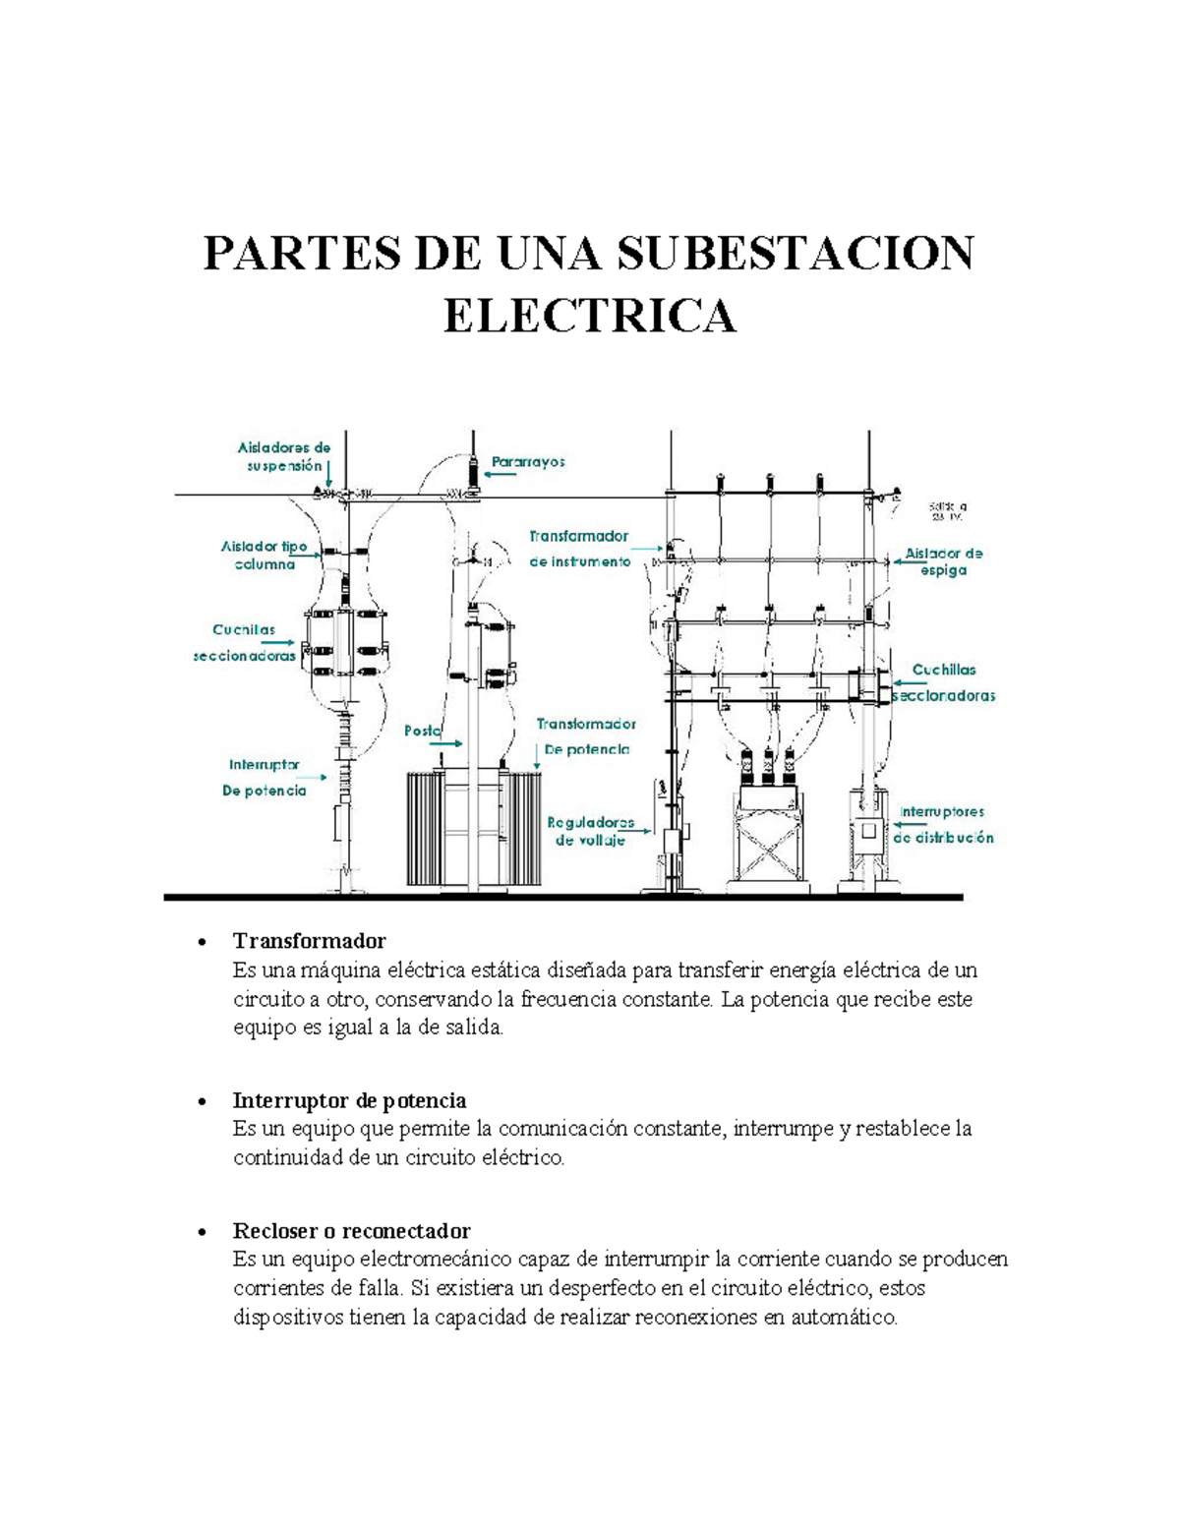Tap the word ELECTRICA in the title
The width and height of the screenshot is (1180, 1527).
point(589,316)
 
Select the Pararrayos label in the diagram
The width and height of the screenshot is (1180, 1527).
point(529,461)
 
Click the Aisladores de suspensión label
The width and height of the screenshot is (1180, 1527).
point(284,456)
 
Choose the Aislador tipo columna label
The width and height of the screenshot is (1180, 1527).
point(264,556)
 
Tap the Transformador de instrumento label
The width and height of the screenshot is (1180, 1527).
point(579,550)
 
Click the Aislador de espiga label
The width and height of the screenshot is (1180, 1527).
point(943,561)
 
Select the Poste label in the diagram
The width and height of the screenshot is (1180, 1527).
point(422,731)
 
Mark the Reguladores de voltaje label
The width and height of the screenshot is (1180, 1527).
point(590,831)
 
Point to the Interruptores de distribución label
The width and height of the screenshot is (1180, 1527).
point(943,825)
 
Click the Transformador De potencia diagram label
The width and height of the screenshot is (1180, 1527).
point(586,736)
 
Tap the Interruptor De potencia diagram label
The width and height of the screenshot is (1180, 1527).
point(264,777)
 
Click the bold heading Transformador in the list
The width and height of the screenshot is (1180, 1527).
point(309,941)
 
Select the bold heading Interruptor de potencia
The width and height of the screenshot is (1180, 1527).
point(349,1100)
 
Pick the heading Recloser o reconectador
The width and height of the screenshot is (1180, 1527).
point(351,1231)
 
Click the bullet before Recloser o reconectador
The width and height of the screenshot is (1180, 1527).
point(202,1232)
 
